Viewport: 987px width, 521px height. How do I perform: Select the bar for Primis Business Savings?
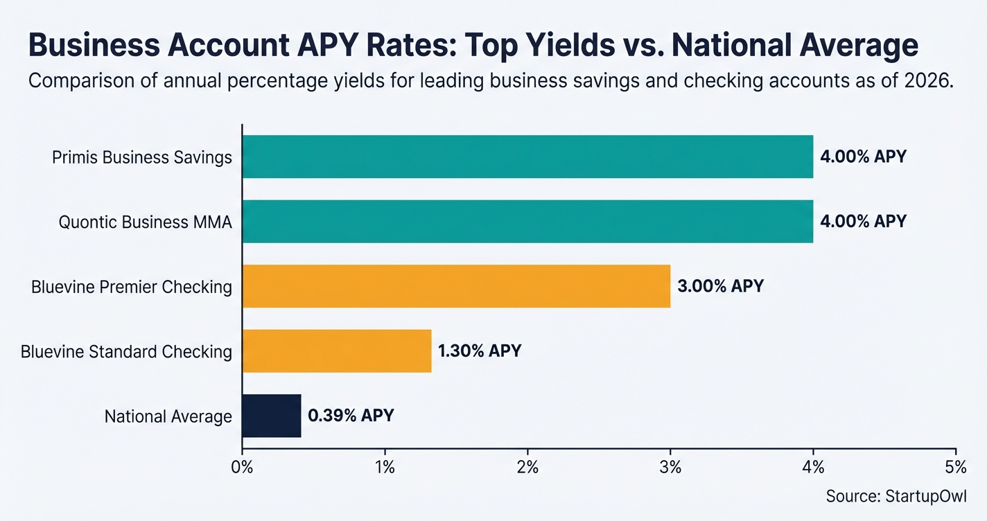pyautogui.click(x=527, y=157)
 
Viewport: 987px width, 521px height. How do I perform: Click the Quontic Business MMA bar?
pyautogui.click(x=527, y=221)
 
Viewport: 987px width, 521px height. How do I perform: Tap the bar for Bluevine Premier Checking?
pyautogui.click(x=456, y=285)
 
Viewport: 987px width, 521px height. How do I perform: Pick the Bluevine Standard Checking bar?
pyautogui.click(x=337, y=351)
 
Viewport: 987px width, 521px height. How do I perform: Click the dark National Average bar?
pyautogui.click(x=272, y=416)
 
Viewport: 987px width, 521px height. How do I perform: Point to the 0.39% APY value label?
pyautogui.click(x=351, y=416)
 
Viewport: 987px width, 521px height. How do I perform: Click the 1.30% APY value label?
pyautogui.click(x=480, y=351)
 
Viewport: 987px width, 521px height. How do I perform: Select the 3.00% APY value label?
pyautogui.click(x=720, y=285)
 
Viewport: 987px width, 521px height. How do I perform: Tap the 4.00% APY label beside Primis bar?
pyautogui.click(x=863, y=157)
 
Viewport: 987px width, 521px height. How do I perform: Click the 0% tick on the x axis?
pyautogui.click(x=242, y=468)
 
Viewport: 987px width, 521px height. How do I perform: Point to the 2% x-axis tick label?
pyautogui.click(x=527, y=468)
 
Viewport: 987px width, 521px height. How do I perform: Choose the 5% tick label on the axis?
pyautogui.click(x=955, y=468)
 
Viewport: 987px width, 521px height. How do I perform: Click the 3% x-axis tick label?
pyautogui.click(x=670, y=468)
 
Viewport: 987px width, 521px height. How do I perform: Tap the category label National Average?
pyautogui.click(x=168, y=416)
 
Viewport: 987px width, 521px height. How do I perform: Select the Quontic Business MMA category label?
pyautogui.click(x=145, y=222)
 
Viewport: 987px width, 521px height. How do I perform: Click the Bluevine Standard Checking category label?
pyautogui.click(x=126, y=351)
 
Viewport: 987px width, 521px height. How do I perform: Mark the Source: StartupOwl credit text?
pyautogui.click(x=896, y=496)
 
